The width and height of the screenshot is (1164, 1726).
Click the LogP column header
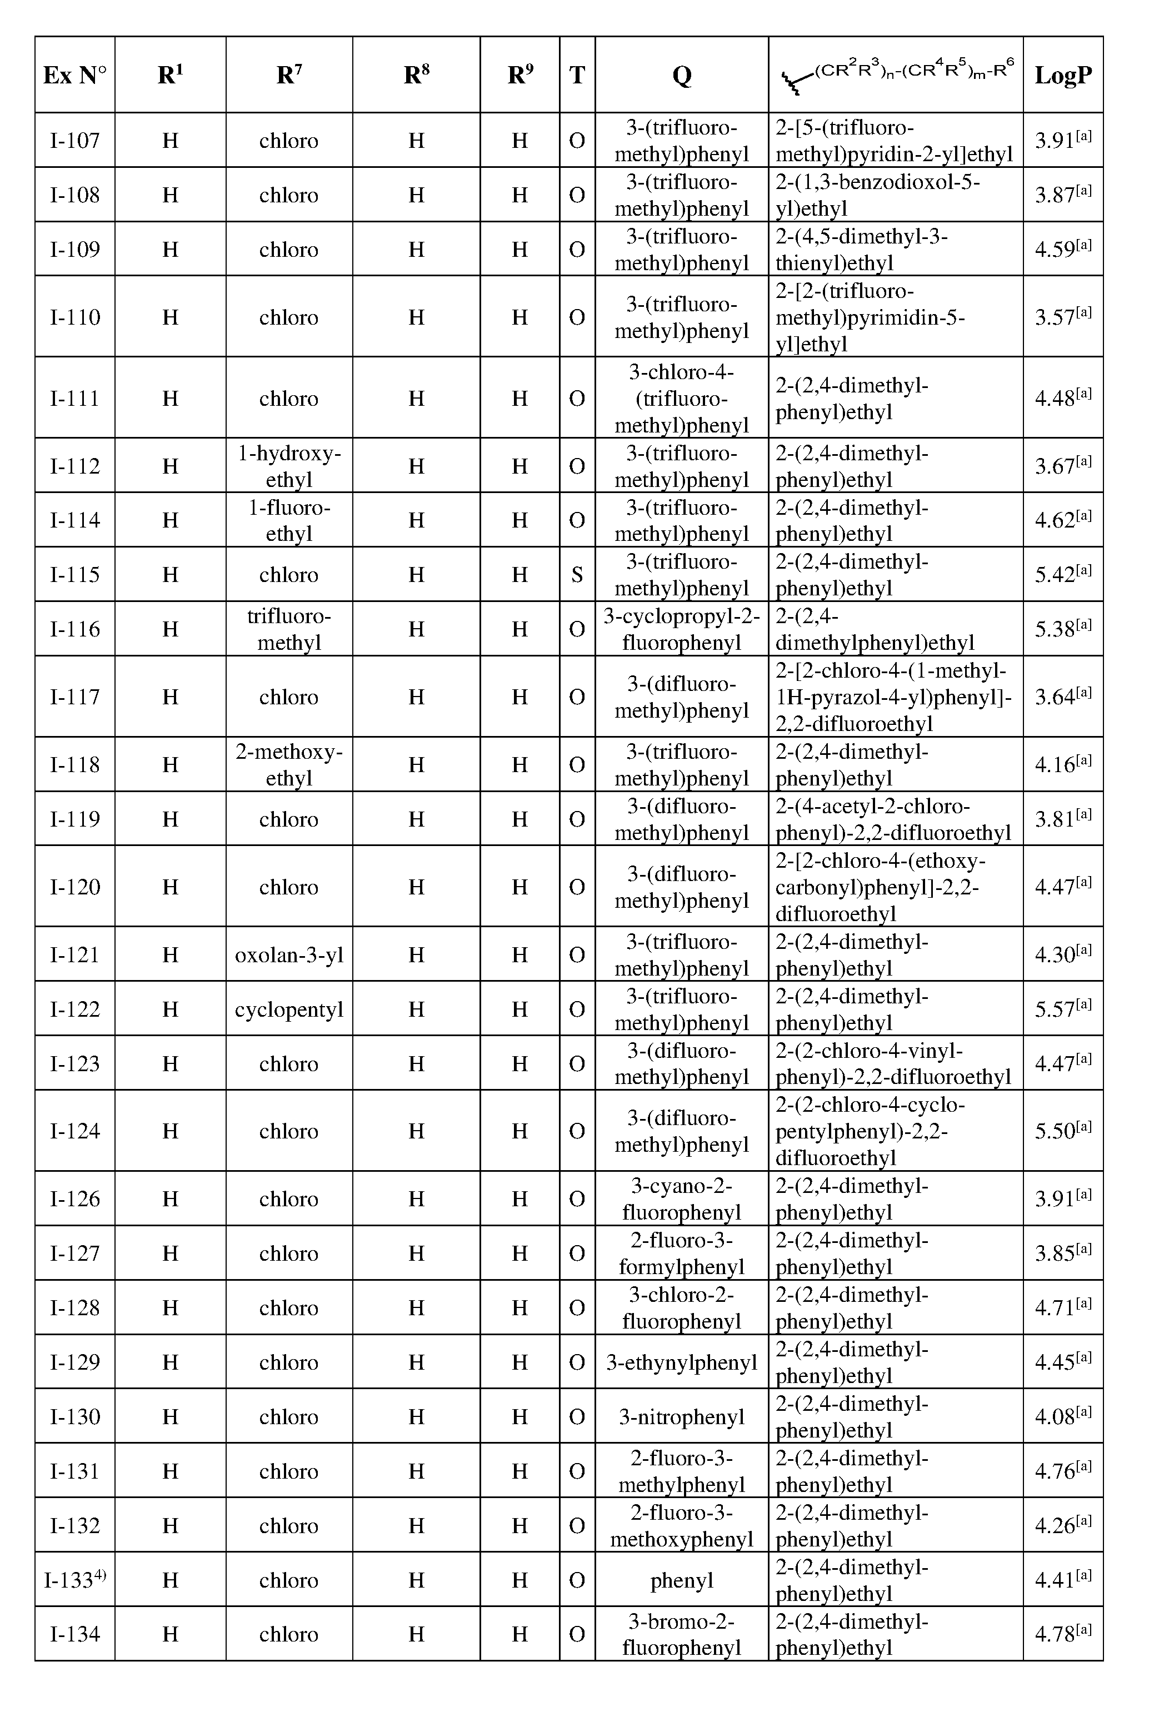point(1062,75)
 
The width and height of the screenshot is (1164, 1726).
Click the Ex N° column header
point(74,75)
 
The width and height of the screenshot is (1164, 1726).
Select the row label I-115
point(74,574)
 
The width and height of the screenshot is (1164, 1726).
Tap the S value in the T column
point(577,574)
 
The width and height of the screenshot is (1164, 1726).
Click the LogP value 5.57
point(1062,1008)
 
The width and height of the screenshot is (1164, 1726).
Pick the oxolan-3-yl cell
point(289,954)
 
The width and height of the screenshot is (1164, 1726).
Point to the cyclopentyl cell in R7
point(289,1008)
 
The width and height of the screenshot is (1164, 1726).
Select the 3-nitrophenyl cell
point(682,1417)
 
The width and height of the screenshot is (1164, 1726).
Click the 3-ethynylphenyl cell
point(682,1362)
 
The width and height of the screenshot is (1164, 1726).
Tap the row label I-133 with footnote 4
point(74,1580)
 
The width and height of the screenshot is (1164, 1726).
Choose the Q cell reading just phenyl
point(682,1580)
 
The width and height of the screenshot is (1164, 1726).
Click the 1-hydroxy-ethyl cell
point(289,466)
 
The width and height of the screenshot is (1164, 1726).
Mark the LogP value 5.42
point(1062,574)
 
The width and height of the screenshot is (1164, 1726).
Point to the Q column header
point(682,75)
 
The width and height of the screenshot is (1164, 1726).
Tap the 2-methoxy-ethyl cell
point(289,764)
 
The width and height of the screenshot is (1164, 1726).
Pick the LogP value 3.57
point(1062,317)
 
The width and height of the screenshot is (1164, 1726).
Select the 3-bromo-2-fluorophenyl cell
point(682,1634)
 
